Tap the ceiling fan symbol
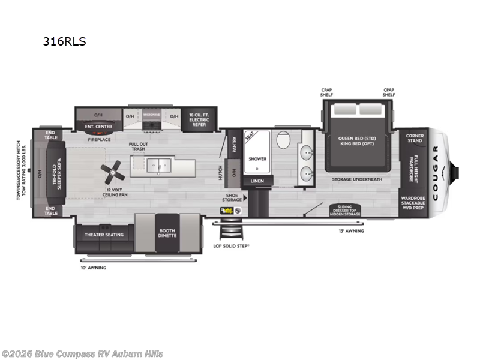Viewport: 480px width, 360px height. pyautogui.click(x=112, y=175)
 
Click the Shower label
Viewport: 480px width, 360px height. pyautogui.click(x=257, y=159)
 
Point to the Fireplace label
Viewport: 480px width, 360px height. pyautogui.click(x=99, y=139)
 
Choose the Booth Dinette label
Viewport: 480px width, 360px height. pyautogui.click(x=167, y=233)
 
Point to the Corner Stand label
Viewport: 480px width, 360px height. pyautogui.click(x=415, y=138)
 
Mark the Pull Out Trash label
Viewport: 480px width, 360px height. pyautogui.click(x=140, y=146)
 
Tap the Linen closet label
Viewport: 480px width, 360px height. pyautogui.click(x=257, y=181)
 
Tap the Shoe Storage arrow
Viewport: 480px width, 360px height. pyautogui.click(x=244, y=197)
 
